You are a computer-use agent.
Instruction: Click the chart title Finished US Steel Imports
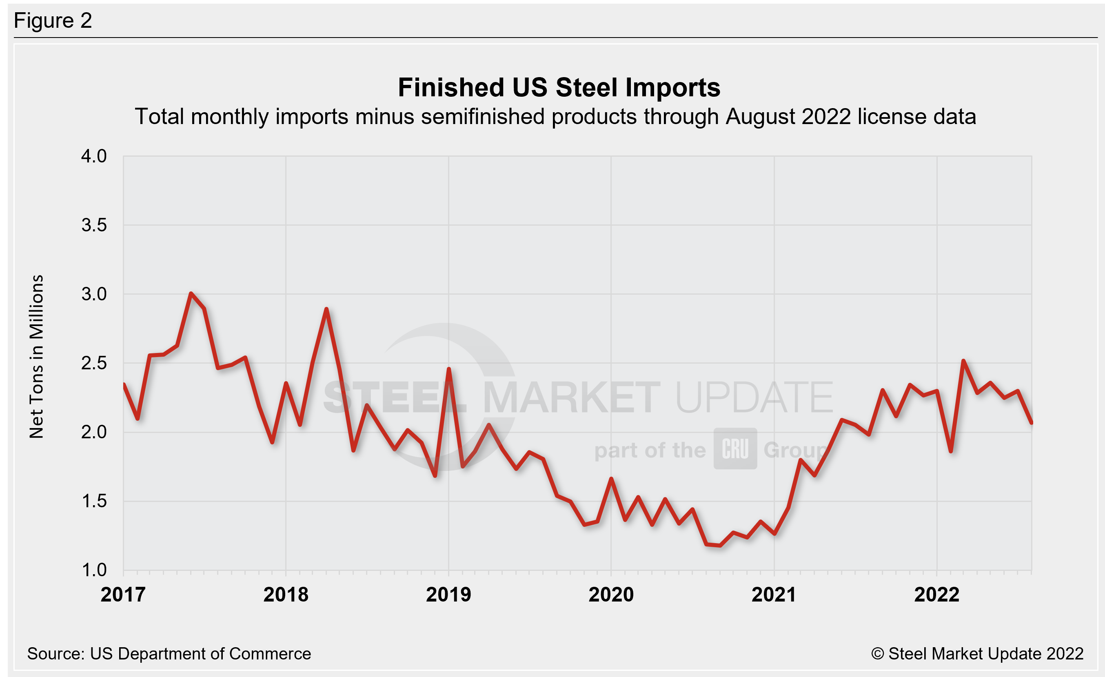coord(559,87)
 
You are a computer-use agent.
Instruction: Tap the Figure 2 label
coord(53,21)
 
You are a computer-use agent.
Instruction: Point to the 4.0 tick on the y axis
coord(94,156)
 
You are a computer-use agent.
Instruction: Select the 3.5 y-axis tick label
coord(94,225)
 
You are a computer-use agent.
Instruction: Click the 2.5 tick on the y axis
coord(94,363)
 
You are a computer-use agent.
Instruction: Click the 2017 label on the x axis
coord(123,595)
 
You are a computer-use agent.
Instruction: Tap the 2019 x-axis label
coord(448,595)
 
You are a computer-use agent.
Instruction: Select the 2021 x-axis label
coord(774,595)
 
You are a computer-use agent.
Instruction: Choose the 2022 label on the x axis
coord(936,595)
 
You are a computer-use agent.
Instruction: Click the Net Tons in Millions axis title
coord(36,356)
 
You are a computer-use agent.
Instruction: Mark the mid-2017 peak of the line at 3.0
coord(191,294)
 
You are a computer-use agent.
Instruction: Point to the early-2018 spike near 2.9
coord(326,309)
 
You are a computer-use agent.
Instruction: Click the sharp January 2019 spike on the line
coord(449,369)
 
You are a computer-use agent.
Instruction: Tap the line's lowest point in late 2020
coord(720,545)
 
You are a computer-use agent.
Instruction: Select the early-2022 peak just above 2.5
coord(963,360)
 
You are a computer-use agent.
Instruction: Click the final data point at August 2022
coord(1032,422)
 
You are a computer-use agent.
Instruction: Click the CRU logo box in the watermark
coord(735,448)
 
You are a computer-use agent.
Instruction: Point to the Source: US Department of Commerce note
coord(169,654)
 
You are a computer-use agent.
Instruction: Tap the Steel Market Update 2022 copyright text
coord(977,654)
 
